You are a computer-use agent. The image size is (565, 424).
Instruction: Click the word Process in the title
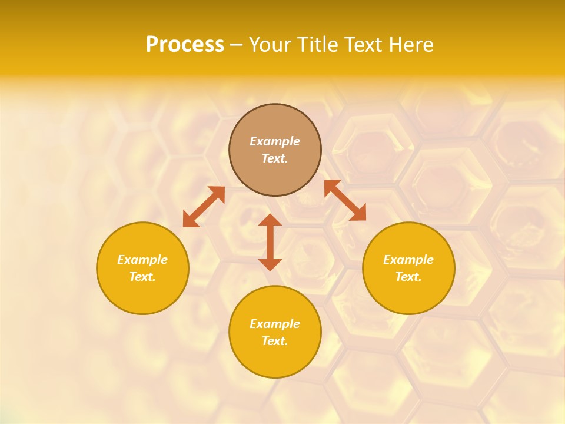coord(185,45)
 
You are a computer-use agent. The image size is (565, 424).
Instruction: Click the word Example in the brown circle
coord(275,141)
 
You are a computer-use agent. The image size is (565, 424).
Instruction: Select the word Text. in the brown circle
coord(275,158)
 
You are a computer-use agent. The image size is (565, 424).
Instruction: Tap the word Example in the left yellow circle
coord(142,260)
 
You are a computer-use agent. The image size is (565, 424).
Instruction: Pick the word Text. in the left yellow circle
coord(142,277)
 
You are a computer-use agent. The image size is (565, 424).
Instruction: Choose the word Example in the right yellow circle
coord(408,260)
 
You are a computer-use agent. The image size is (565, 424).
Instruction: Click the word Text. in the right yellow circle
coord(408,277)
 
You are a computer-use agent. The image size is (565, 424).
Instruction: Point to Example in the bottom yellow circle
coord(275,324)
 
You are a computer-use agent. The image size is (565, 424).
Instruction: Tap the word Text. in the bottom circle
coord(275,341)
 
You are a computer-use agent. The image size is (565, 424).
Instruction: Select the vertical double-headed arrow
coord(270,242)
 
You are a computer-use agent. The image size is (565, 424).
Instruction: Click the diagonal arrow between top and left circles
coord(204,207)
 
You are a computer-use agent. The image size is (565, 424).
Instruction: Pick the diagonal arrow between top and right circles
coord(345,200)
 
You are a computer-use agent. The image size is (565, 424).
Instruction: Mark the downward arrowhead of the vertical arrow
coord(270,264)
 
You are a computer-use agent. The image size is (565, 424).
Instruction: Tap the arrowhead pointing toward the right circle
coord(358,213)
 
